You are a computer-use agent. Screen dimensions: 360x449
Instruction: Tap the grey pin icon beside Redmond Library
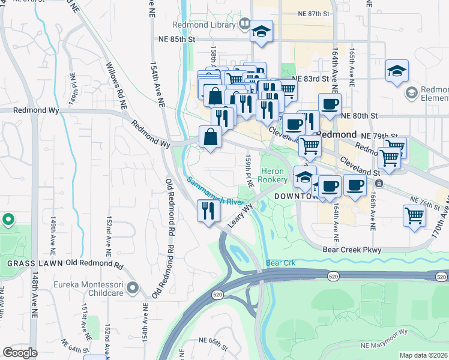coord(244,25)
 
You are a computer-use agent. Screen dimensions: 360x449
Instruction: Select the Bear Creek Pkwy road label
coord(352,250)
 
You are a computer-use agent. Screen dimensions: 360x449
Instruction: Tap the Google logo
coord(20,353)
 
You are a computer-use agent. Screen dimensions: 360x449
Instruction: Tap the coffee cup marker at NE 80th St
coord(328,104)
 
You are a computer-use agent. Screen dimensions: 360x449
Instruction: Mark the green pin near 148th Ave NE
coord(8,220)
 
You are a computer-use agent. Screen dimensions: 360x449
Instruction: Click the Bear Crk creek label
coord(281,263)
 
